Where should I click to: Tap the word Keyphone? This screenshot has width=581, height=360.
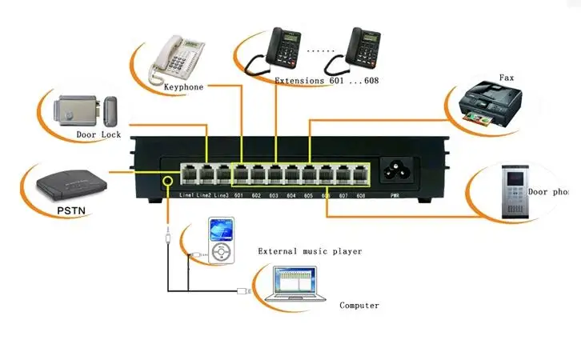tap(184, 86)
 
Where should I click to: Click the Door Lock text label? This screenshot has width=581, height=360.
tap(98, 135)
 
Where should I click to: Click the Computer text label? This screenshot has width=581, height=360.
tap(359, 306)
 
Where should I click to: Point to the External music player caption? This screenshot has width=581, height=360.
tap(310, 251)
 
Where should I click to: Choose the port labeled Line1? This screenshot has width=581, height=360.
tap(188, 174)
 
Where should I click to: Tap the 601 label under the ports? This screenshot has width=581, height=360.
tap(239, 195)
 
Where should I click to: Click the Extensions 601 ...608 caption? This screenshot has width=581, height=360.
tap(327, 82)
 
